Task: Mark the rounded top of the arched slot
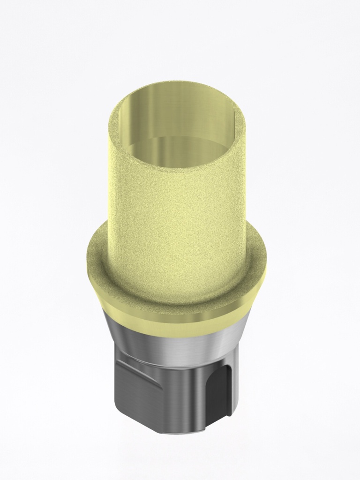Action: click(218, 368)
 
